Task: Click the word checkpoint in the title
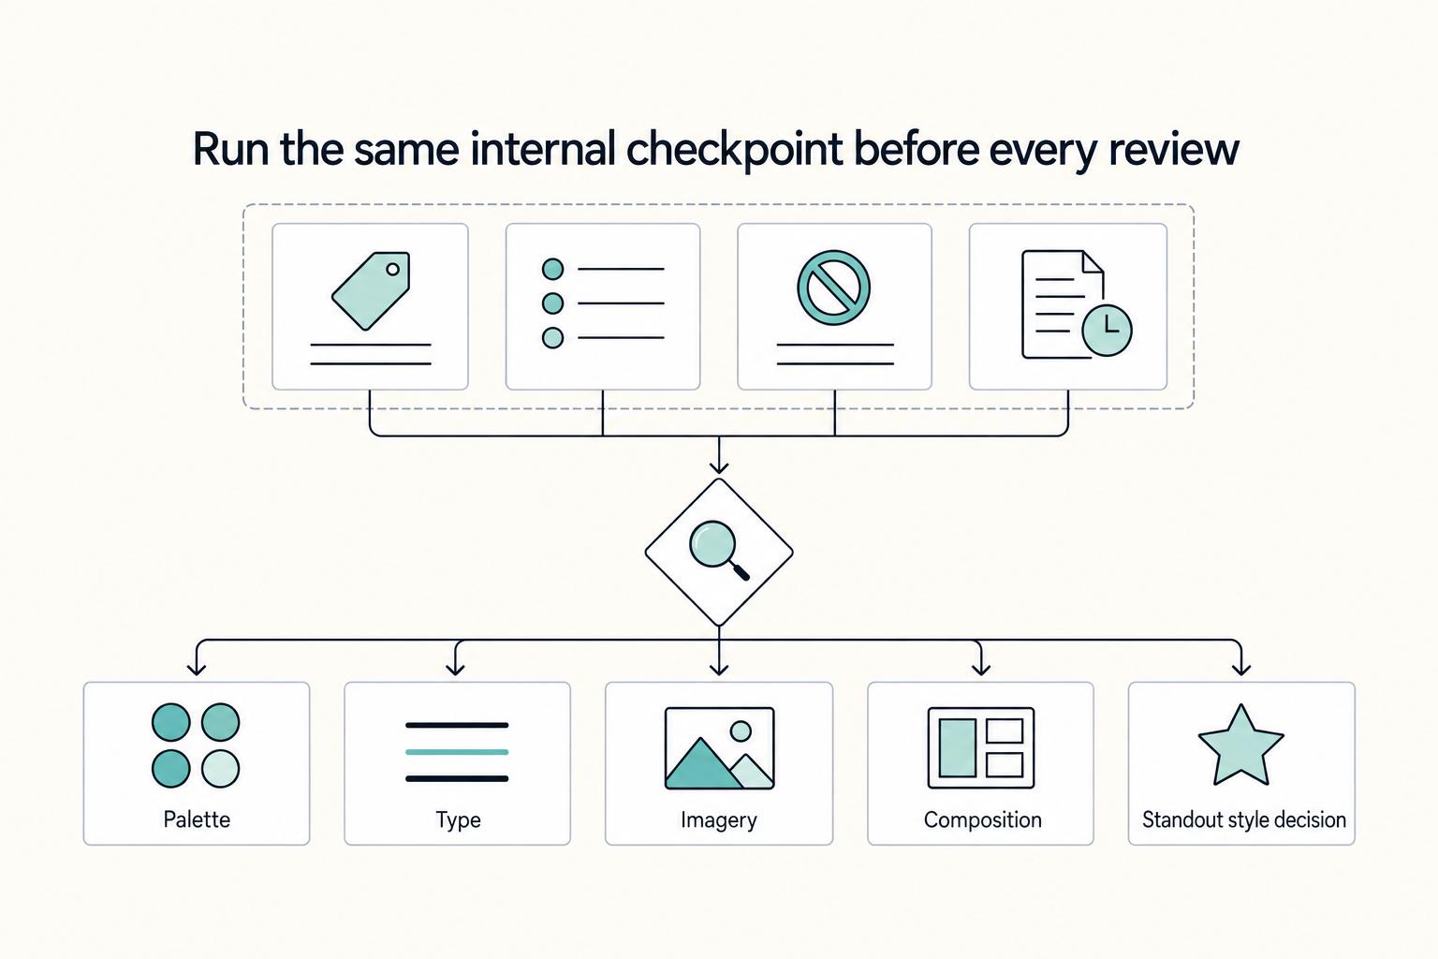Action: pyautogui.click(x=734, y=150)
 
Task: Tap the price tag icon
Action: pyautogui.click(x=371, y=290)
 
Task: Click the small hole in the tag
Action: pyautogui.click(x=392, y=269)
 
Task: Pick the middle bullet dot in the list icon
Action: pyautogui.click(x=552, y=303)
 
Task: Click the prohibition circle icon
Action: pyautogui.click(x=834, y=288)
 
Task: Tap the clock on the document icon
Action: pyautogui.click(x=1107, y=331)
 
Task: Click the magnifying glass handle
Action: pyautogui.click(x=741, y=571)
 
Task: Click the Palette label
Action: pyautogui.click(x=197, y=819)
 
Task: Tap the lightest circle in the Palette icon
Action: pyautogui.click(x=220, y=769)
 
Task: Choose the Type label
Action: pyautogui.click(x=458, y=820)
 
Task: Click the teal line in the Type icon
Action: pyautogui.click(x=457, y=751)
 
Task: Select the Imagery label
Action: pyautogui.click(x=719, y=820)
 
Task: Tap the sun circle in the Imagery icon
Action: pyautogui.click(x=741, y=731)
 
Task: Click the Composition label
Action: pyautogui.click(x=982, y=819)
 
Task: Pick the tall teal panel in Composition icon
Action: pyautogui.click(x=957, y=747)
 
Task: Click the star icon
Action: pyautogui.click(x=1240, y=746)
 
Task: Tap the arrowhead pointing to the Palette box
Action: pyautogui.click(x=197, y=668)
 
